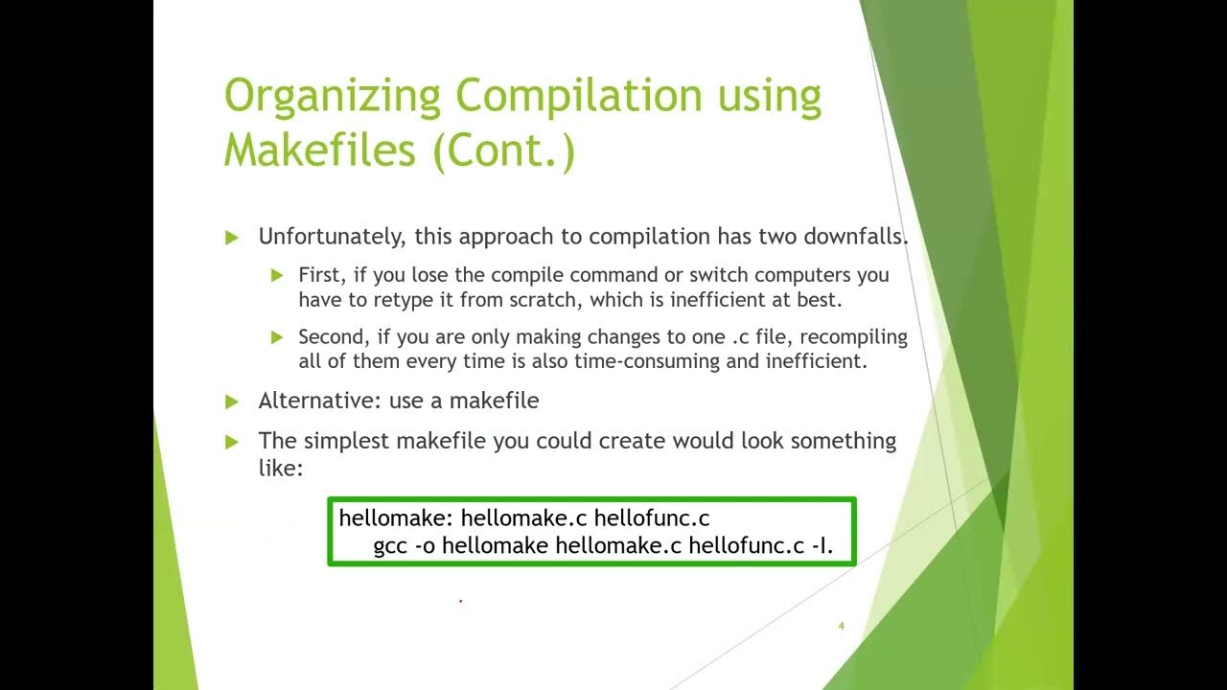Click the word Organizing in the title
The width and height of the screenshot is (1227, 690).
click(332, 98)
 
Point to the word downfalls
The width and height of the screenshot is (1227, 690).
click(856, 237)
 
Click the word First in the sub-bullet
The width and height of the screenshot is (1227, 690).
click(318, 275)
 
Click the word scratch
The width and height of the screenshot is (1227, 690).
click(544, 300)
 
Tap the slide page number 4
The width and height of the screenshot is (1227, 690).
click(841, 627)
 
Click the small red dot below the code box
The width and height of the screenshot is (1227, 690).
click(461, 601)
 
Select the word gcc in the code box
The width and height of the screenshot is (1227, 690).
click(391, 546)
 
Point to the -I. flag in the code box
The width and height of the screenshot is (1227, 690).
click(822, 546)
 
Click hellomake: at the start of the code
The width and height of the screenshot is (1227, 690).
click(396, 518)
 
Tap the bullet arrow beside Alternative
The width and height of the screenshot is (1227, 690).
click(231, 402)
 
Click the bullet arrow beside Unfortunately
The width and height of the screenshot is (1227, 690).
click(231, 238)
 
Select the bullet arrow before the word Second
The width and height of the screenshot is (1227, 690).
click(277, 337)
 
